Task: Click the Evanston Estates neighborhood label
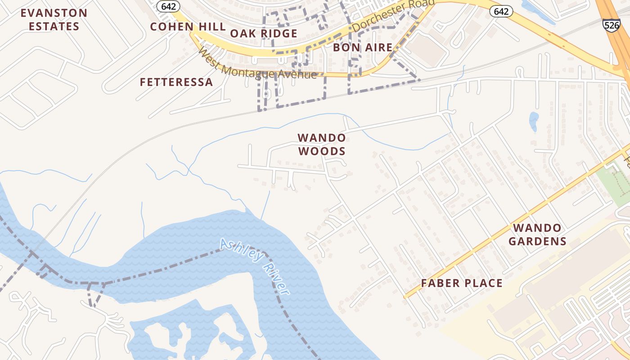click(54, 19)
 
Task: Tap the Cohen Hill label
click(188, 27)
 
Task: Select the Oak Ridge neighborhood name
click(264, 33)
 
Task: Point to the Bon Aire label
click(363, 47)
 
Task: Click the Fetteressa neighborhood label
click(176, 82)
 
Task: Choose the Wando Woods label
click(322, 144)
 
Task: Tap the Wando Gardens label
click(537, 234)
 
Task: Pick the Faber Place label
click(462, 283)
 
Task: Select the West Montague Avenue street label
click(257, 64)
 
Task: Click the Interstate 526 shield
click(612, 25)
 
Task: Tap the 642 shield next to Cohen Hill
click(169, 6)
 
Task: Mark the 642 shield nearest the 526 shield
click(501, 11)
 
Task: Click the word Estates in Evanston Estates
click(54, 26)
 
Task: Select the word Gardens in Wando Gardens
click(537, 241)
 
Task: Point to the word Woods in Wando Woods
click(322, 151)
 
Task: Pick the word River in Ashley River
click(275, 279)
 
